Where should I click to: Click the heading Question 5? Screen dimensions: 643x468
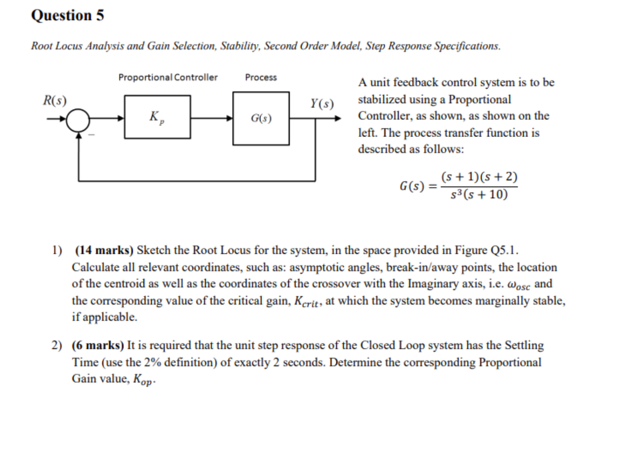coord(67,16)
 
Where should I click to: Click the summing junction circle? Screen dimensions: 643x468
coord(79,120)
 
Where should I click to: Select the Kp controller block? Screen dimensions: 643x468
coord(157,117)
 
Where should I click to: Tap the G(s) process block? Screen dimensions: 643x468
coord(261,119)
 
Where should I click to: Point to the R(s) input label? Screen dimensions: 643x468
coord(54,100)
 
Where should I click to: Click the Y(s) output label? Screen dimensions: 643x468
coord(322,104)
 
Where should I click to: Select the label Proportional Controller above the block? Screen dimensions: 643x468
coord(168,77)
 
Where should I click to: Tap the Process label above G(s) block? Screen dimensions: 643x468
coord(260,77)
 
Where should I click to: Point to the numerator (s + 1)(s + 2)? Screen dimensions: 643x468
coord(479,177)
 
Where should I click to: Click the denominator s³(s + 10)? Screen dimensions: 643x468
coord(478,195)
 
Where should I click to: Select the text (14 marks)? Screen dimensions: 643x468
coord(104,250)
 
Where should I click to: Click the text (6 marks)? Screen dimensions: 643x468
coord(98,345)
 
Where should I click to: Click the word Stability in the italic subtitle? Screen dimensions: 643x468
coord(240,46)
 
